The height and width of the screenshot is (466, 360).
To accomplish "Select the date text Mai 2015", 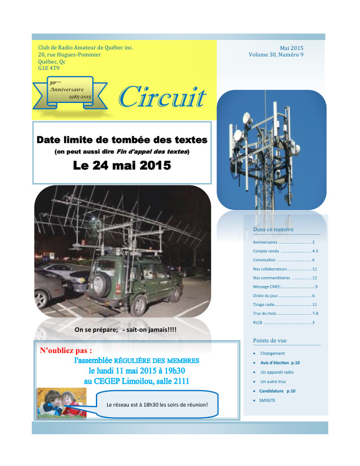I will pyautogui.click(x=292, y=48).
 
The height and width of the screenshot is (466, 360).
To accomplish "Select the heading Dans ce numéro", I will pyautogui.click(x=273, y=229).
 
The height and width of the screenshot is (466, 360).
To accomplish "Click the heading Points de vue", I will pyautogui.click(x=269, y=341).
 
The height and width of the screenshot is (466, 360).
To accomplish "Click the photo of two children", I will pyautogui.click(x=61, y=402).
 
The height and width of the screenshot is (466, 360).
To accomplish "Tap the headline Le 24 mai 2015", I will pyautogui.click(x=122, y=165).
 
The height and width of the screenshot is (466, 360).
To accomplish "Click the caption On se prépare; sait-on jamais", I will pyautogui.click(x=125, y=329).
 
